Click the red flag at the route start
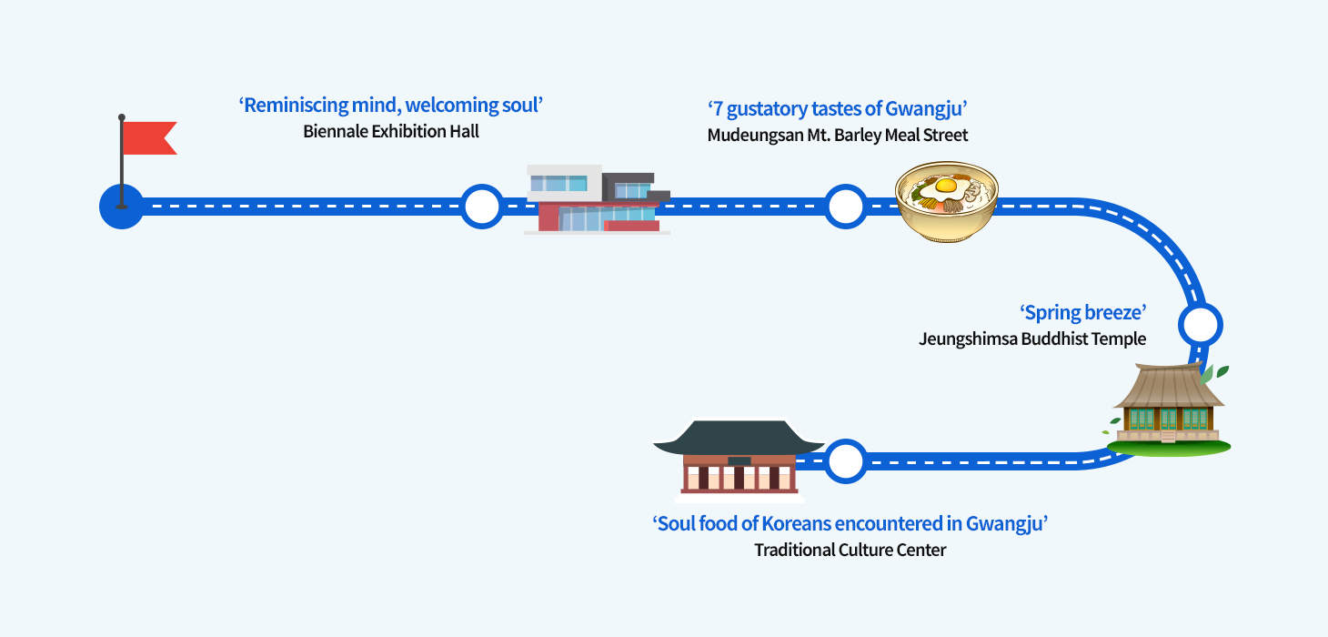click(148, 137)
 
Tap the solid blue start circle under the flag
click(121, 207)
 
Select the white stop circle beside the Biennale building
click(481, 207)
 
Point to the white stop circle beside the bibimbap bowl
click(846, 207)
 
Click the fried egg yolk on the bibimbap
click(946, 186)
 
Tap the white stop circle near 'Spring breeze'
click(1200, 324)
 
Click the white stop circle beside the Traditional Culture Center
click(846, 461)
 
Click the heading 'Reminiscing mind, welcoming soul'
click(390, 106)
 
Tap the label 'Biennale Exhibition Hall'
click(391, 132)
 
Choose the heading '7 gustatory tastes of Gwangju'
click(837, 109)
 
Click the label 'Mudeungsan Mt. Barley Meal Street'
click(838, 136)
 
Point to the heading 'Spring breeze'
click(1082, 313)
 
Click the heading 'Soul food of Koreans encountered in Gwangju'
click(850, 524)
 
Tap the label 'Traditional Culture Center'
click(850, 551)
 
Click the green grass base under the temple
click(1169, 448)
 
